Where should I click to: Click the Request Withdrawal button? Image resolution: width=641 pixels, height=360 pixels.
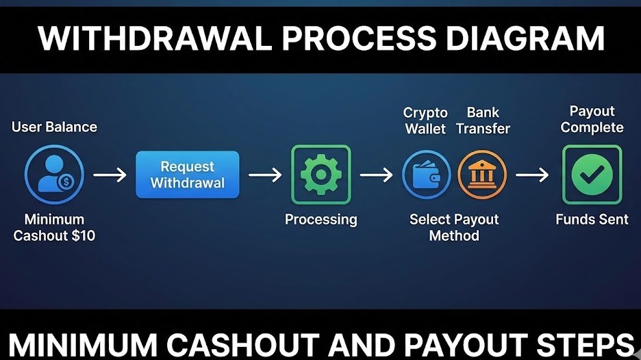pyautogui.click(x=188, y=175)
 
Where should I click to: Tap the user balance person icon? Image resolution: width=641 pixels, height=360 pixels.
pyautogui.click(x=54, y=175)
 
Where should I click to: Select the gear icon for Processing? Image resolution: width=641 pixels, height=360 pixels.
pyautogui.click(x=321, y=175)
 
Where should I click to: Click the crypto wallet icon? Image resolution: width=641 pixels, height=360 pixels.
pyautogui.click(x=426, y=175)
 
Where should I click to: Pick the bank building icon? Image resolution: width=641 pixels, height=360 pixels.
pyautogui.click(x=482, y=175)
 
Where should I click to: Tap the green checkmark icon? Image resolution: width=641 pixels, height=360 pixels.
pyautogui.click(x=592, y=175)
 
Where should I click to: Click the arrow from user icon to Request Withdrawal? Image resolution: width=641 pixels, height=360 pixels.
pyautogui.click(x=110, y=175)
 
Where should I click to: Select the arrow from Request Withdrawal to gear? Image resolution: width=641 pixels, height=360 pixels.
pyautogui.click(x=265, y=175)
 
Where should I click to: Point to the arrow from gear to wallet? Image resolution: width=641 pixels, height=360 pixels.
pyautogui.click(x=377, y=175)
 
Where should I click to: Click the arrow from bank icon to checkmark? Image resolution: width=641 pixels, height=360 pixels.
pyautogui.click(x=533, y=175)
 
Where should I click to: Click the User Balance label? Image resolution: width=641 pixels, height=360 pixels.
pyautogui.click(x=54, y=127)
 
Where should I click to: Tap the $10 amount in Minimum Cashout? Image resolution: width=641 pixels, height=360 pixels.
pyautogui.click(x=82, y=236)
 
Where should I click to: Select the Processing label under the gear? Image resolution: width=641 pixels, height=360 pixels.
pyautogui.click(x=321, y=220)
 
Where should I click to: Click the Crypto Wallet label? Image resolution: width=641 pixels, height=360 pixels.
pyautogui.click(x=425, y=120)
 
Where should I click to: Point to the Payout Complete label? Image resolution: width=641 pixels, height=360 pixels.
pyautogui.click(x=592, y=119)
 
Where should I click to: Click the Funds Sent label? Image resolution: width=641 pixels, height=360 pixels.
pyautogui.click(x=592, y=220)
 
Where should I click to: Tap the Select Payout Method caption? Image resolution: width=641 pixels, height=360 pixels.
pyautogui.click(x=454, y=228)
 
